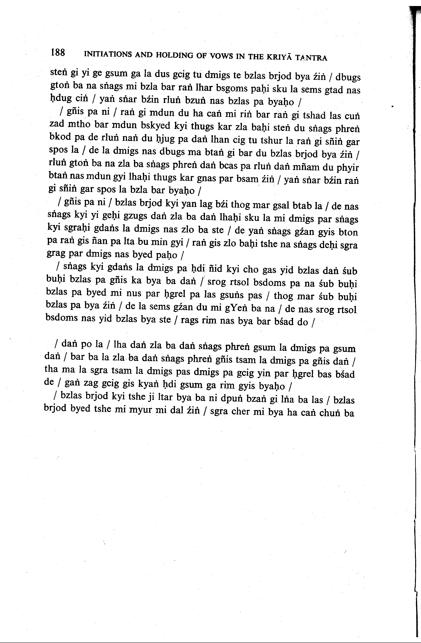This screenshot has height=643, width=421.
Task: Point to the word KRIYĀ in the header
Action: click(279, 57)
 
